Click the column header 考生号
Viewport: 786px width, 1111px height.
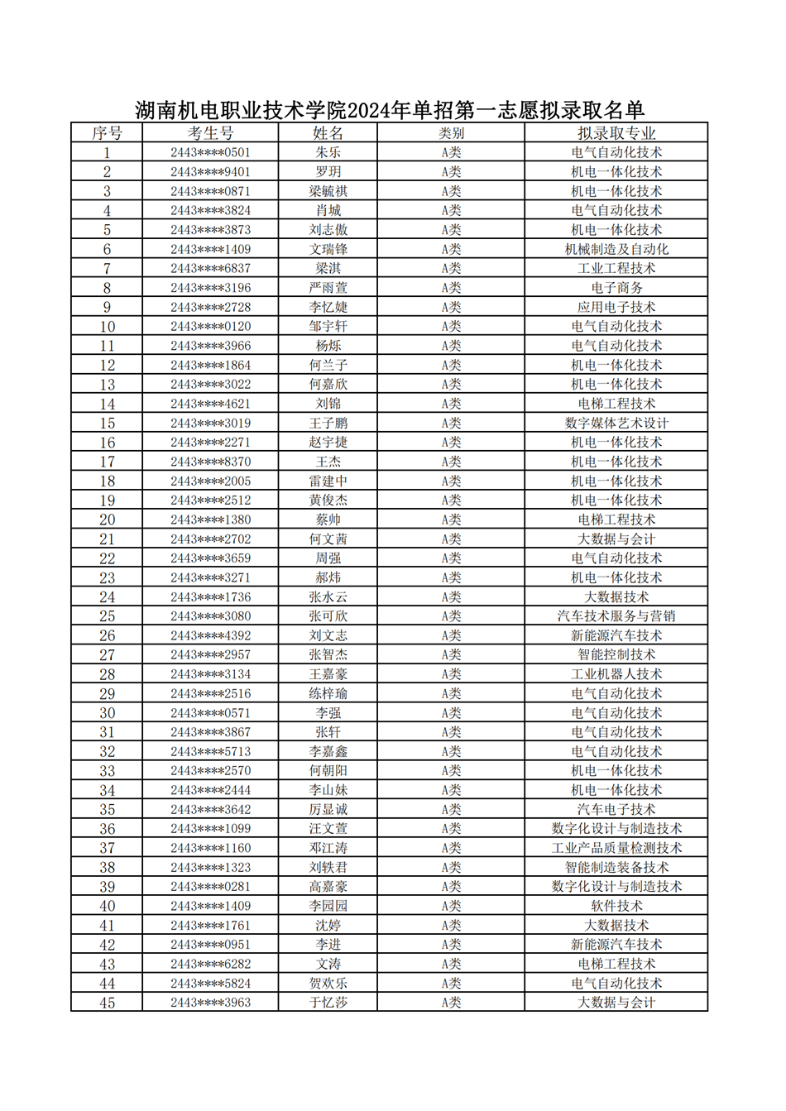[210, 133]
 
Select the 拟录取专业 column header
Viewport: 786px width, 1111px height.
[616, 133]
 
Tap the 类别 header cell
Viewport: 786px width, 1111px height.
[451, 133]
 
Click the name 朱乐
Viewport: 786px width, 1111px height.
[328, 153]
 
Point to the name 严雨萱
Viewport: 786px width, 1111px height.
[328, 288]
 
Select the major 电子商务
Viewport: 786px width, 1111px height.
[616, 288]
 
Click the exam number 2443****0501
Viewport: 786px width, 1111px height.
[210, 153]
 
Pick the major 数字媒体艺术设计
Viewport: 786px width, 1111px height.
[616, 424]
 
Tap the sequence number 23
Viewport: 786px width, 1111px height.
[107, 578]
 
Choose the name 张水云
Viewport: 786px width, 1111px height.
[328, 597]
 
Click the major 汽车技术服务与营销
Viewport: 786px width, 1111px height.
[616, 616]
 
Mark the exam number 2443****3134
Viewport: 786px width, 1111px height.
[210, 674]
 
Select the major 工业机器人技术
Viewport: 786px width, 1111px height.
[616, 674]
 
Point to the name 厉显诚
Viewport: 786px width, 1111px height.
[328, 810]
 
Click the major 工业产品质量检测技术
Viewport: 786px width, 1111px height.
[616, 848]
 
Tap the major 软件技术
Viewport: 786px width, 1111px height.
[616, 906]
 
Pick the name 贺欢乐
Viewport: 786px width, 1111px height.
[328, 984]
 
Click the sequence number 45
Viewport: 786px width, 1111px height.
[107, 1003]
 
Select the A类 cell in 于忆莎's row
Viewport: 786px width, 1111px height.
[451, 1003]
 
